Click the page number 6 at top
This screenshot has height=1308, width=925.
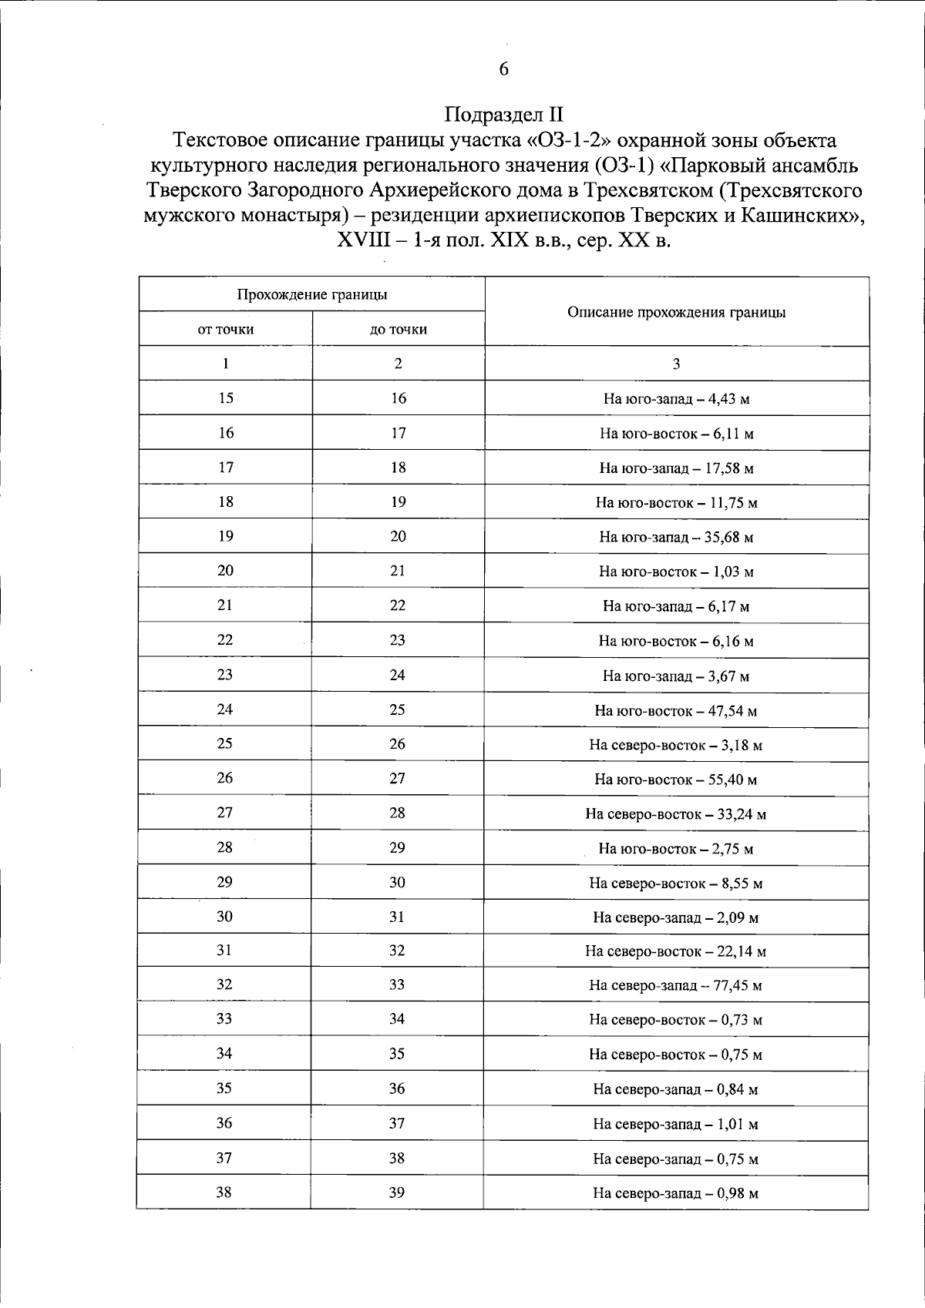pos(504,69)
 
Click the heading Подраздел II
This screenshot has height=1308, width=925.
pos(504,116)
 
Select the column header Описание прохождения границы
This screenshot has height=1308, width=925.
pos(676,312)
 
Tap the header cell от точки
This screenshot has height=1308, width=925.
pos(226,330)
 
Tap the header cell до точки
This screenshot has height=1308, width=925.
pos(398,330)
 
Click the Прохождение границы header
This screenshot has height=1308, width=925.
pos(311,294)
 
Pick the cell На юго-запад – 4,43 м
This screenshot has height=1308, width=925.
pos(676,399)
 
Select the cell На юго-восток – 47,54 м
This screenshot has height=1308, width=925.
pos(675,711)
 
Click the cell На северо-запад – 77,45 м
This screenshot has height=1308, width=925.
pos(675,986)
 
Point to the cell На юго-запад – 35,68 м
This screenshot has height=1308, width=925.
pos(676,537)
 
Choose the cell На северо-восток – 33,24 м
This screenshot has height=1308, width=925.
pos(675,814)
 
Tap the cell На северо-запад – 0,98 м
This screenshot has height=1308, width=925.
pos(675,1194)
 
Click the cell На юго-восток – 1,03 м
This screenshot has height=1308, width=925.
pos(676,572)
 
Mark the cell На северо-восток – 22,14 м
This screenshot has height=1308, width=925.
pos(675,951)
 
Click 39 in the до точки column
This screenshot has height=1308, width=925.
pos(397,1192)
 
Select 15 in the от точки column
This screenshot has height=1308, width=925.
pos(226,398)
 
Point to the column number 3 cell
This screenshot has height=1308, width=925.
pos(676,364)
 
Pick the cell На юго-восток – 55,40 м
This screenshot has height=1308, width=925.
pos(675,780)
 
